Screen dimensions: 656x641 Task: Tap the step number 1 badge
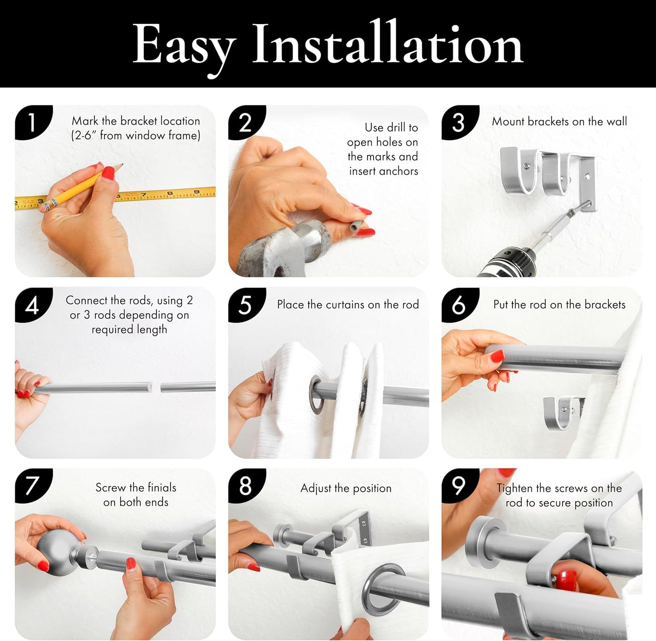pos(33,122)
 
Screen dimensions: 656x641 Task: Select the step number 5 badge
pos(246,305)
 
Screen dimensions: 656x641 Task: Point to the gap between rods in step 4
pos(156,387)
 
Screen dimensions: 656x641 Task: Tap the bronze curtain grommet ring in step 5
pos(316,394)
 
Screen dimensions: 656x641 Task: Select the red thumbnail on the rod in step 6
pos(497,356)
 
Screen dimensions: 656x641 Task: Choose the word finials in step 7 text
pos(162,487)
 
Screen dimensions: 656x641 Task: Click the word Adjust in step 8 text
pos(316,488)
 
